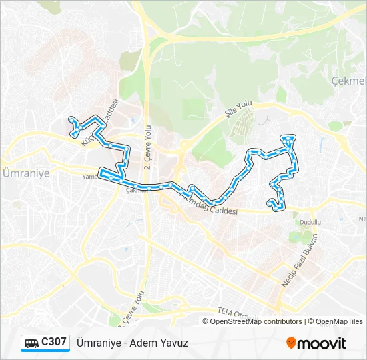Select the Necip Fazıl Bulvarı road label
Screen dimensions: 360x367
point(296,261)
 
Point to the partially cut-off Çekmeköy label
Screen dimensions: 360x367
point(348,81)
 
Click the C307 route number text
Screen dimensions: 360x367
point(54,342)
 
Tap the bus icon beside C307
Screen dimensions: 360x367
point(31,343)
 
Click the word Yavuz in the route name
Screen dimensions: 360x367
point(175,343)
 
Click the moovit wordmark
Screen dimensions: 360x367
point(322,344)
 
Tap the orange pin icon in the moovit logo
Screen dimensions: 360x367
point(291,343)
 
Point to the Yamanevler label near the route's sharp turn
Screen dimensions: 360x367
point(89,177)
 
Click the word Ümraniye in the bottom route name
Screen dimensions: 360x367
point(99,343)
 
